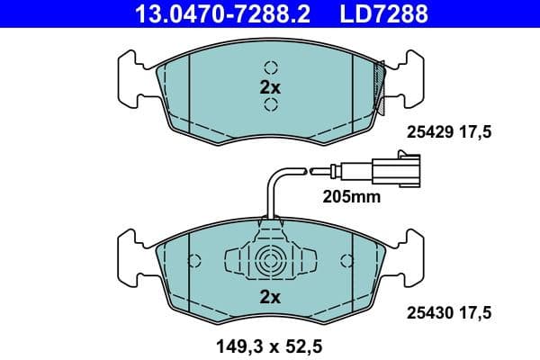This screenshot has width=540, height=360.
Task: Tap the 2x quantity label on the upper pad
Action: [x=270, y=87]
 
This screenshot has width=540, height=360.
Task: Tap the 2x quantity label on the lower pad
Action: [x=270, y=297]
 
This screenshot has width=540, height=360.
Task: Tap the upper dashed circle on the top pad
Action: [x=270, y=67]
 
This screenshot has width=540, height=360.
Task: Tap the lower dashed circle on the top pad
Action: [x=270, y=106]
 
